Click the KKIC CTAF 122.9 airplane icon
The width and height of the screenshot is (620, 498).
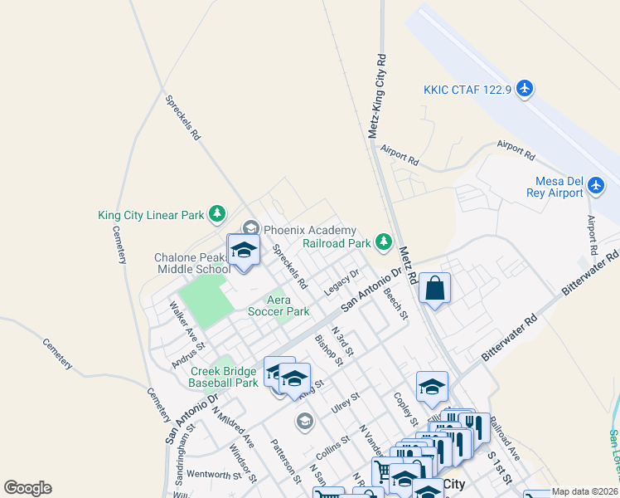(x=523, y=88)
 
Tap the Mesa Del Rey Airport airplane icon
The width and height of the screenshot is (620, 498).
(x=596, y=192)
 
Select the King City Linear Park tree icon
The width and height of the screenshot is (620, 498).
(x=216, y=215)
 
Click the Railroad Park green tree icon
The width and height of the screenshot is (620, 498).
(x=383, y=242)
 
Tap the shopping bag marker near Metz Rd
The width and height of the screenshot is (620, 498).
(x=434, y=290)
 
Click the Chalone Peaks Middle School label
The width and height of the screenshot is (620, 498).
(x=192, y=263)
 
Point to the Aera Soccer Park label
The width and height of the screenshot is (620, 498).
(x=278, y=305)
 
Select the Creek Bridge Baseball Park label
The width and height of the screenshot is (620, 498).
(x=224, y=378)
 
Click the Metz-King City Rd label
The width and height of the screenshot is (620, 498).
(x=377, y=95)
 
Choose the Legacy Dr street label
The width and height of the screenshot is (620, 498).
(x=341, y=281)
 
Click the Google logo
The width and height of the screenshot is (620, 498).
(x=27, y=487)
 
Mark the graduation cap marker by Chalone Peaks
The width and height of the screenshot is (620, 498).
(x=244, y=250)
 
